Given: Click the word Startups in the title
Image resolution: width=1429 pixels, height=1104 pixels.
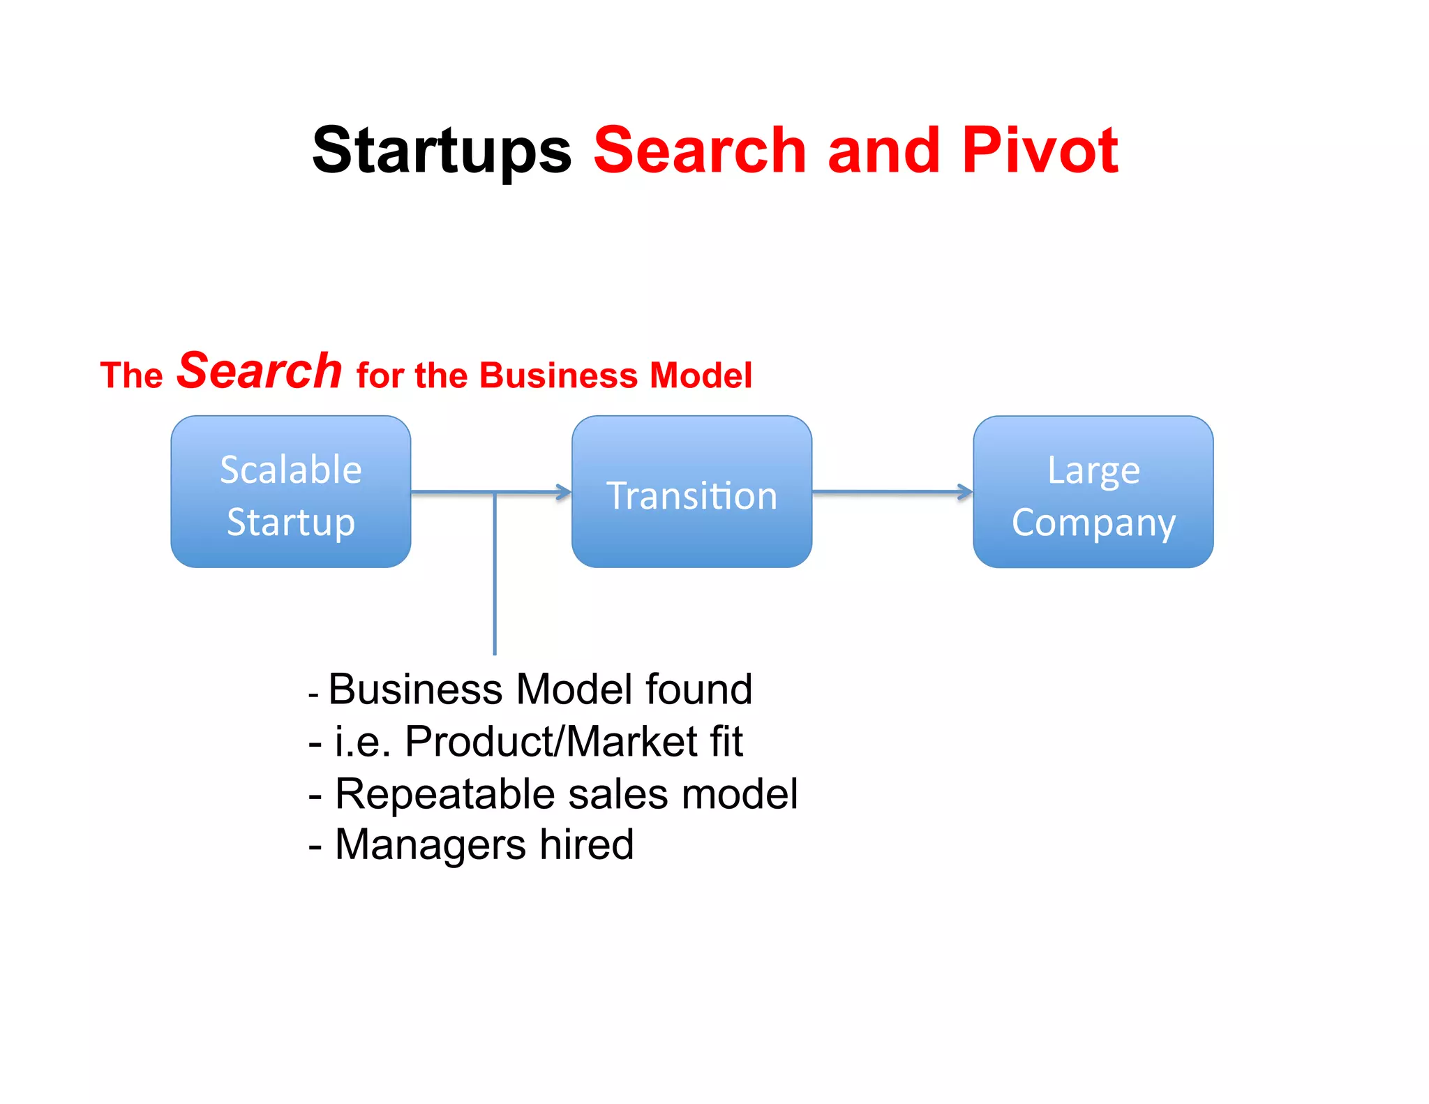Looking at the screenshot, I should tap(441, 151).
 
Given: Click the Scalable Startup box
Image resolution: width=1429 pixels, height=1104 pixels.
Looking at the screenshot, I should tap(291, 492).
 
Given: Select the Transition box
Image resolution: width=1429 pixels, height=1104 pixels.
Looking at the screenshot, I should tap(691, 492).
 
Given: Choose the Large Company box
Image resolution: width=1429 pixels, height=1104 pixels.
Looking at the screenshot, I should tap(1093, 492).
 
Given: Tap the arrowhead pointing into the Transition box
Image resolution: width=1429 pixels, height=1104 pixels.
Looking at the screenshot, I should tap(563, 492).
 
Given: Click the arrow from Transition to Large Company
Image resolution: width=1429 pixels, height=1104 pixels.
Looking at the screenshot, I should tap(892, 492).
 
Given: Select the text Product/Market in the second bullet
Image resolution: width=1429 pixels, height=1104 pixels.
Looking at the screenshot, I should tap(551, 741).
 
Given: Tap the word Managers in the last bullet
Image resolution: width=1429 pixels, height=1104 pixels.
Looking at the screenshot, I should tap(430, 844).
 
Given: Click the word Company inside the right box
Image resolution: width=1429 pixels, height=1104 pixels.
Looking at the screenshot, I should tap(1093, 523).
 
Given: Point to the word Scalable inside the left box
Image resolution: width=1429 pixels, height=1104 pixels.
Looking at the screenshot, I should tap(291, 469).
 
